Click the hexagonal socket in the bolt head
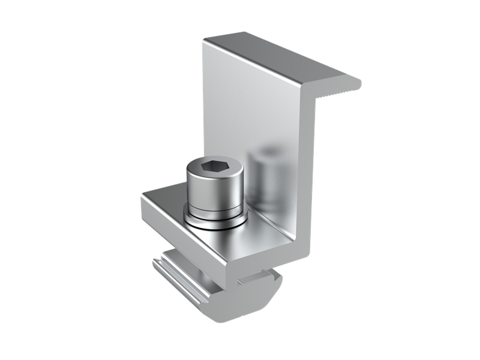pyautogui.click(x=214, y=167)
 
